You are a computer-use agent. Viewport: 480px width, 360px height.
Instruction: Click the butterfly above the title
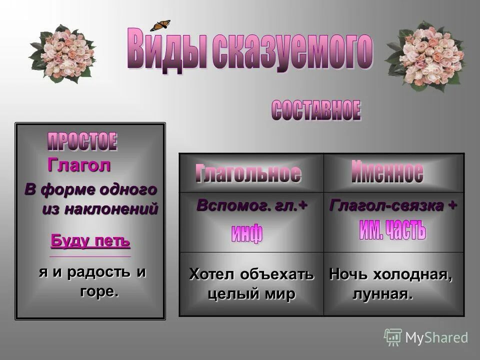tap(160, 25)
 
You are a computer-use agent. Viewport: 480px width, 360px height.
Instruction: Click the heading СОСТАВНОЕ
tap(316, 110)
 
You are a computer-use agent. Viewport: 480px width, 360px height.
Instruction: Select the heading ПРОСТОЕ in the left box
tap(82, 142)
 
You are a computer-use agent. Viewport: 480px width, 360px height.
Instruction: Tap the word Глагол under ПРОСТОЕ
tap(78, 165)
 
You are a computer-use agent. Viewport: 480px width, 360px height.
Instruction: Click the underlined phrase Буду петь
tap(90, 241)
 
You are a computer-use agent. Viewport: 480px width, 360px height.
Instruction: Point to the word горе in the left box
tap(99, 291)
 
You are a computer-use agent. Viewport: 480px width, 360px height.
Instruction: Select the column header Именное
tap(387, 172)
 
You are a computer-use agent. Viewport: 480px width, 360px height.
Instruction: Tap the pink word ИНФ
tap(246, 234)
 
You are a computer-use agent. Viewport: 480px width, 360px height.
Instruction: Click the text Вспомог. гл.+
tap(251, 206)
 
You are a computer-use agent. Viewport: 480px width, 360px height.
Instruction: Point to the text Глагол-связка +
tap(392, 205)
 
